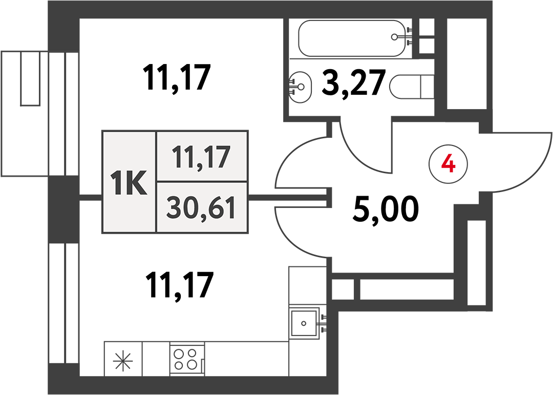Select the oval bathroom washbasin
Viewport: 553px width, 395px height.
300,87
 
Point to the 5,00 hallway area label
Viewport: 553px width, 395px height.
386,210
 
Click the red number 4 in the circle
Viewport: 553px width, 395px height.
448,164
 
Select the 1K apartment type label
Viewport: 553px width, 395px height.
129,182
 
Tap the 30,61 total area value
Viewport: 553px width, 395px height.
201,208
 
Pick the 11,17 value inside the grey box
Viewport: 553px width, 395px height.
201,157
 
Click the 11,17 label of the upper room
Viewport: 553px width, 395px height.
177,78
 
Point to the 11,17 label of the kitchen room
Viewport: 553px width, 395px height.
180,285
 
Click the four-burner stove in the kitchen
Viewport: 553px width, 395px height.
187,359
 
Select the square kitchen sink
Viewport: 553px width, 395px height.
304,323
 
